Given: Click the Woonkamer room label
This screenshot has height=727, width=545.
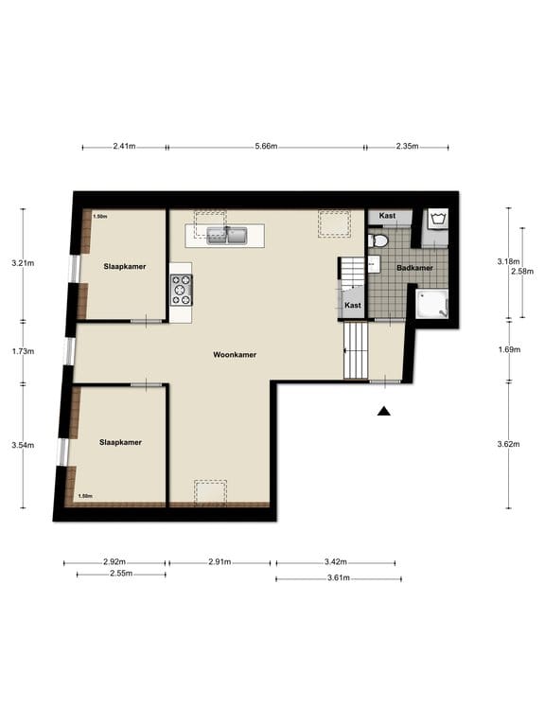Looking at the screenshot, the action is tap(235, 355).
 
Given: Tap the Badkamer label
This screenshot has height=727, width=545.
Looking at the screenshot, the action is tap(414, 268).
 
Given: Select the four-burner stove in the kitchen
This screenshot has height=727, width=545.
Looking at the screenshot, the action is tap(182, 291).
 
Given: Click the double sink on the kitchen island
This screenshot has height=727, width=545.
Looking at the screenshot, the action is tap(227, 236).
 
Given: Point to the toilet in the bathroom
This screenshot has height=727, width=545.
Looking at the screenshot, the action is tap(378, 240).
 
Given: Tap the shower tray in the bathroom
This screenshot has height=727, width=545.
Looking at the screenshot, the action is tap(431, 304).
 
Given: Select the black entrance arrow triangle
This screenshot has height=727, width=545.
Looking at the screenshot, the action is tap(384, 411).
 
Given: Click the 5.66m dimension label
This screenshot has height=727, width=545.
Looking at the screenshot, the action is tap(266, 147).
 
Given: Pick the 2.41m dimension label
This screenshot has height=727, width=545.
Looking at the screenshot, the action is tap(124, 147).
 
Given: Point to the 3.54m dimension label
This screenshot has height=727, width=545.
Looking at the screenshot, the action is tap(23, 445).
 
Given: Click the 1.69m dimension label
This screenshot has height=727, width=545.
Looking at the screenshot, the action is tap(509, 349).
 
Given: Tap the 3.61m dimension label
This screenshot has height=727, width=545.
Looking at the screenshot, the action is tap(339, 577).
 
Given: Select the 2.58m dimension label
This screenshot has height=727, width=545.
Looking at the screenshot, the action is tap(522, 272).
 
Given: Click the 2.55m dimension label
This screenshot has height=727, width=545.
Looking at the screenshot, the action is tap(121, 574).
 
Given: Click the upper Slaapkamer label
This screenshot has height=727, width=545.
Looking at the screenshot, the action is tap(125, 267).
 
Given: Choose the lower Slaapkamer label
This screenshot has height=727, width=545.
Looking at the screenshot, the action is tap(120, 442).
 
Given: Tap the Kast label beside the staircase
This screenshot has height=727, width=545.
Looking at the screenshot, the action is tap(353, 305).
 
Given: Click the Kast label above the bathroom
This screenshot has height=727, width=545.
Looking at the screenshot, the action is tap(387, 216).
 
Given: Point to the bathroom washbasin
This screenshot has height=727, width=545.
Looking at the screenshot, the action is tap(374, 264).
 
